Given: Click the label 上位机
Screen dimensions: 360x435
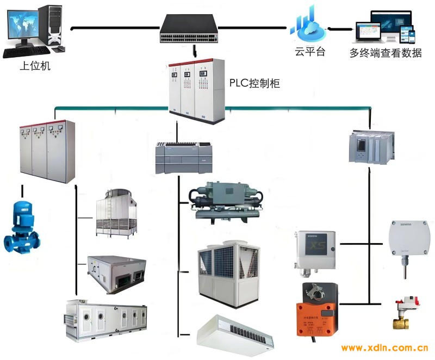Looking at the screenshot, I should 35,66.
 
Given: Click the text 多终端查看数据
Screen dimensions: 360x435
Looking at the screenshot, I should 386,53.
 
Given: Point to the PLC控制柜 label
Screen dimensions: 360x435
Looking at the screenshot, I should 254,84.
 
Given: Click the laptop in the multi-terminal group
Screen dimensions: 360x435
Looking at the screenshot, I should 372,34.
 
